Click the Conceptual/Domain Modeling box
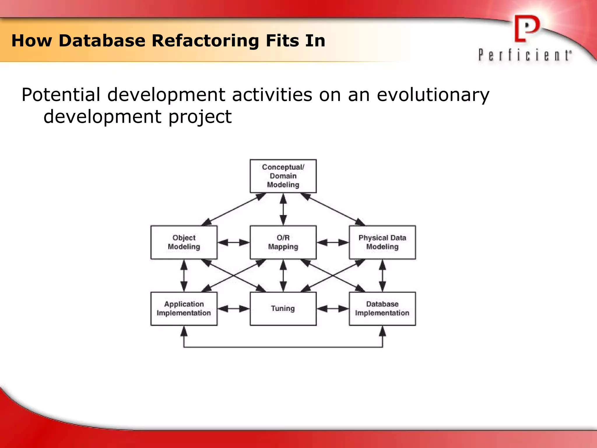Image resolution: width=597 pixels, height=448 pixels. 283,176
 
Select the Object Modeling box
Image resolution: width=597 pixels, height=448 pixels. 184,242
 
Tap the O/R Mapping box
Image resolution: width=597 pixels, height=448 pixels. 283,242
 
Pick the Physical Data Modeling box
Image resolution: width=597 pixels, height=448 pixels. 382,242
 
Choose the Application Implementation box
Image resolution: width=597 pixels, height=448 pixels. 184,309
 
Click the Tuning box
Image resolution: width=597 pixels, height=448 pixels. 283,309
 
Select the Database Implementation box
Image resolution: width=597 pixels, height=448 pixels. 382,309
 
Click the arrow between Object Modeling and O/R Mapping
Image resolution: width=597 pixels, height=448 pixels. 233,242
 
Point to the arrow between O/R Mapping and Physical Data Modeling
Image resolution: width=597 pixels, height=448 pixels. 333,242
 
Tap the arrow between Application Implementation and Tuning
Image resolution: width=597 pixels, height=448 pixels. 233,309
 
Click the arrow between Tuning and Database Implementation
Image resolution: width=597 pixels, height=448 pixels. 333,309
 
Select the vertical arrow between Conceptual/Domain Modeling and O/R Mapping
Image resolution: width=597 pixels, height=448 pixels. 283,209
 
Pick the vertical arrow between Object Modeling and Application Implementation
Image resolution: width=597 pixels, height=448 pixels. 184,275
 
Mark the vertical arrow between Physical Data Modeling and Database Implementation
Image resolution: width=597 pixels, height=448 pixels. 382,275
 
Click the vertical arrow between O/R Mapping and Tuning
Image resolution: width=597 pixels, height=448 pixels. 283,275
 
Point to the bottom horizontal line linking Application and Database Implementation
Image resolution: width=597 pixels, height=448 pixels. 283,347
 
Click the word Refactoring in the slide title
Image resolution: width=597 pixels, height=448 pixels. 205,41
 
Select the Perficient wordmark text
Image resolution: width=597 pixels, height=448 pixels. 525,55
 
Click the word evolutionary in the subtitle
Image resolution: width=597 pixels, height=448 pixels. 433,95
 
